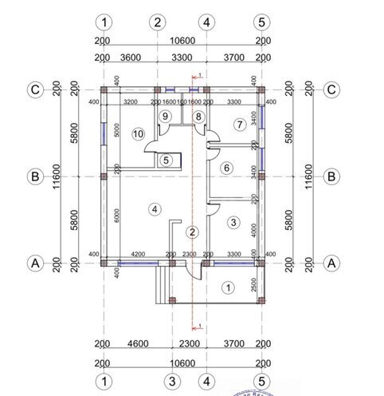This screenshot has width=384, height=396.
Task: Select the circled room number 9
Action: [165, 117]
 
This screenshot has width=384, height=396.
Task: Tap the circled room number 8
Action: [199, 117]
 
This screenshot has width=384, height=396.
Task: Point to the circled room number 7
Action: [238, 125]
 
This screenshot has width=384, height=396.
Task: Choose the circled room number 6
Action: [226, 168]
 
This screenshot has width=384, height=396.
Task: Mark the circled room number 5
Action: [166, 160]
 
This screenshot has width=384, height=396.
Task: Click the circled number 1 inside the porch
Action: [228, 287]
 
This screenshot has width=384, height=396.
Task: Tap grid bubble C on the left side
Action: [34, 90]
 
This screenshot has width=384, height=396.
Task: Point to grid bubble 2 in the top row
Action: [158, 22]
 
